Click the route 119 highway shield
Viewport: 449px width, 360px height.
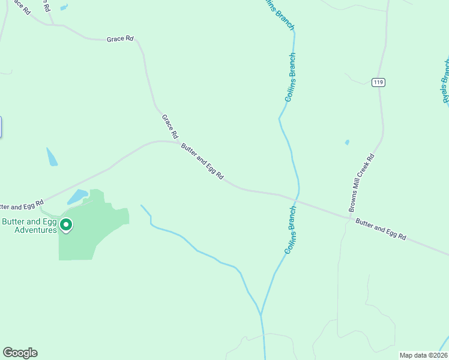(378, 82)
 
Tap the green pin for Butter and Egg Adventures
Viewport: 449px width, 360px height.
(66, 226)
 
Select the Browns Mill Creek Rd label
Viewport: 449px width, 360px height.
(362, 183)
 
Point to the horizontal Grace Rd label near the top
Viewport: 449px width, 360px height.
(120, 39)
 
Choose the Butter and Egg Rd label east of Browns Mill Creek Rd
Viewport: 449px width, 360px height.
(381, 230)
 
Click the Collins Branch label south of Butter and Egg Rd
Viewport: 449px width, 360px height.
(291, 230)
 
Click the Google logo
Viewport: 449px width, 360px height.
(20, 353)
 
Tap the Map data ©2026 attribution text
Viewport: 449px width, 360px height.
(423, 355)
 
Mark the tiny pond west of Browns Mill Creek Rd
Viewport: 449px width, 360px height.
(347, 142)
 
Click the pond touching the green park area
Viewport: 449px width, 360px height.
(77, 197)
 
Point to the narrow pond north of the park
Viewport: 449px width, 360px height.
(52, 157)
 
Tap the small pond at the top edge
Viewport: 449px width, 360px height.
(64, 8)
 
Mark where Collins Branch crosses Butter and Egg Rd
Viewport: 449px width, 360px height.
(295, 199)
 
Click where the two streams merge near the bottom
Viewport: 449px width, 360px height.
(261, 315)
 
